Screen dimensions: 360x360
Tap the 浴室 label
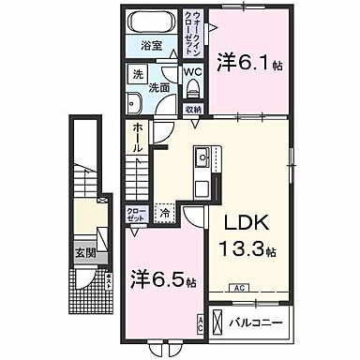[x=150, y=45]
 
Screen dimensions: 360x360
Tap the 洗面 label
[x=160, y=87]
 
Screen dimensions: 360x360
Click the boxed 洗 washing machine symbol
[x=136, y=76]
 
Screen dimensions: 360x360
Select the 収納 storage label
[x=192, y=110]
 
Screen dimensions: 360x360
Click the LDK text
[x=248, y=226]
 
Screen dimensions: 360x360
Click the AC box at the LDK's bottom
[x=238, y=288]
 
